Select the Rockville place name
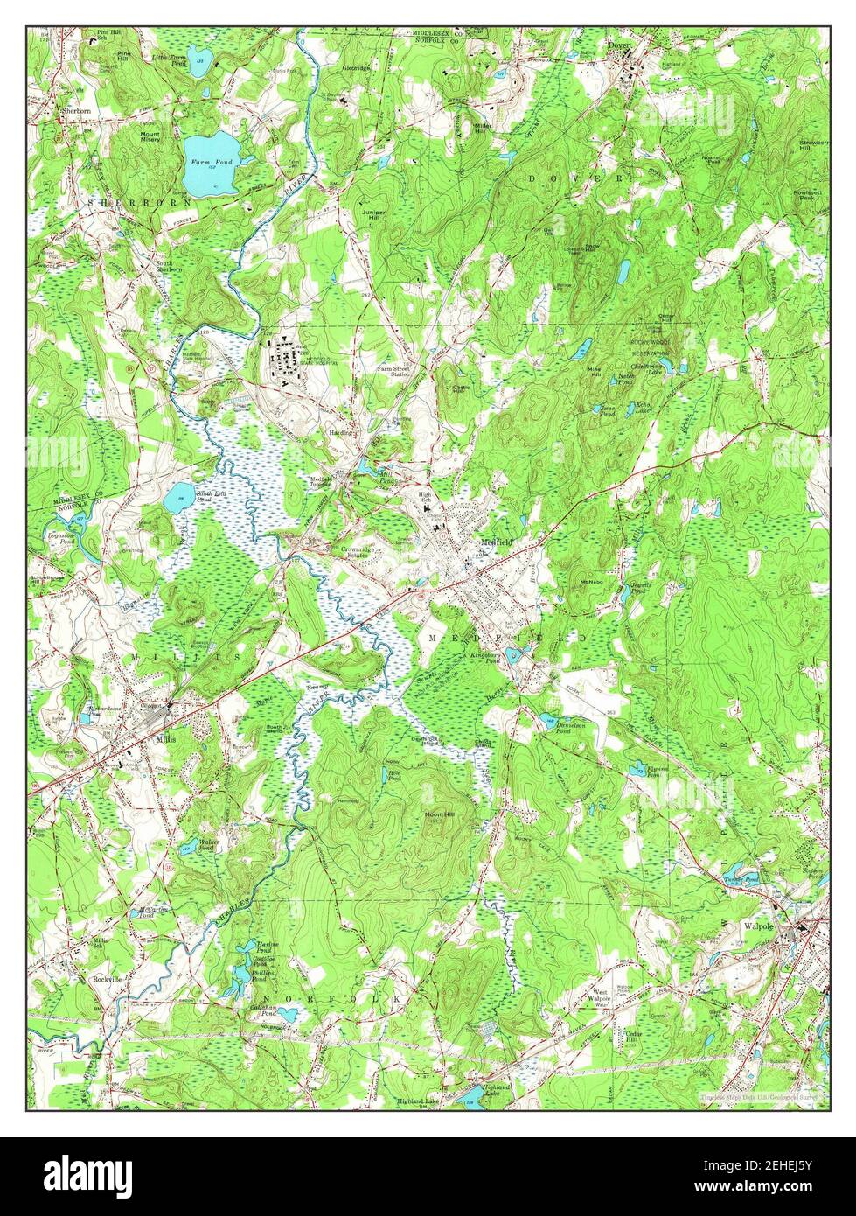(x=107, y=980)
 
